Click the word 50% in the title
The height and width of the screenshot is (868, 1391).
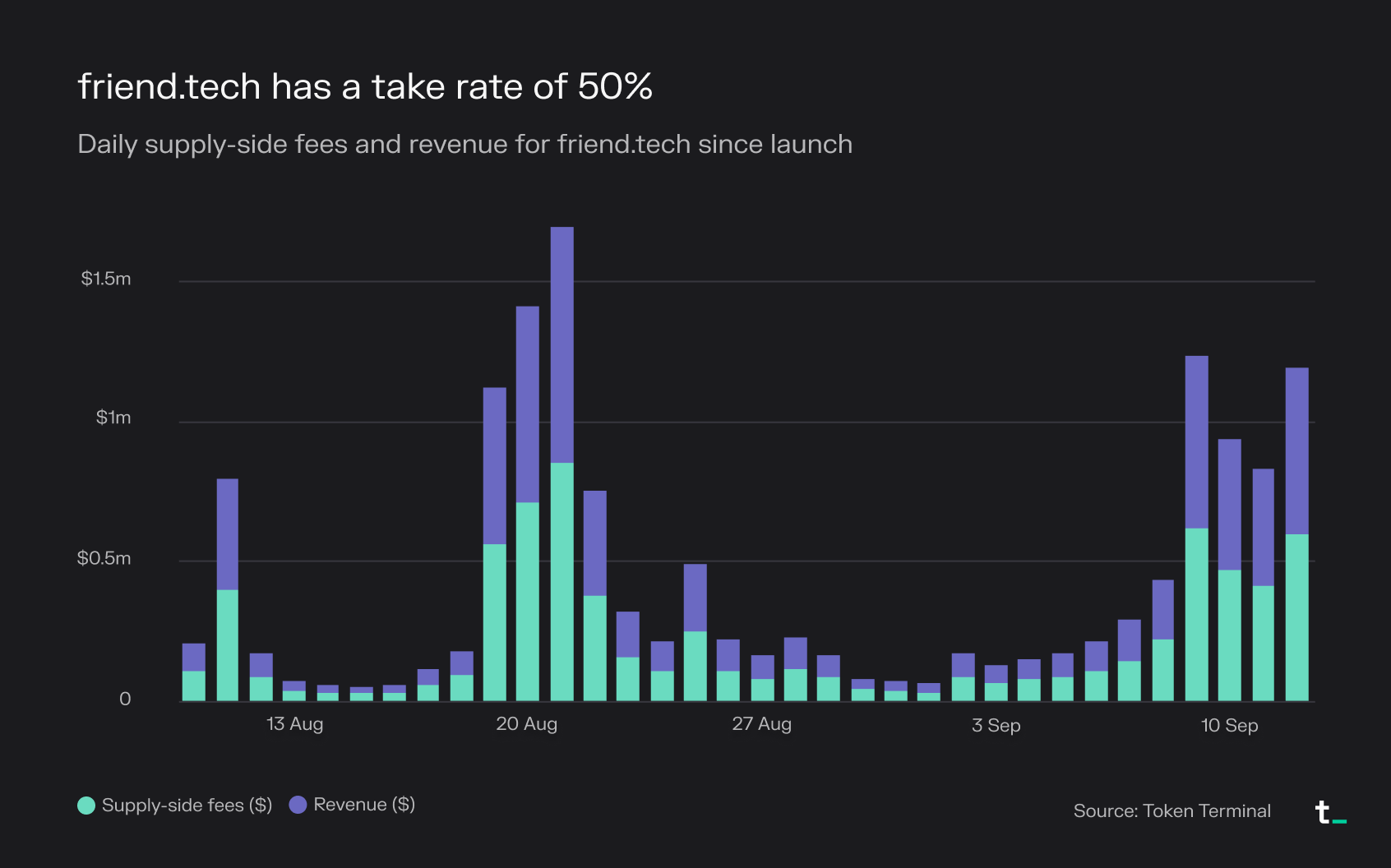(x=615, y=86)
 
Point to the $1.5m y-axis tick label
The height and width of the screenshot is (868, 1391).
(x=106, y=279)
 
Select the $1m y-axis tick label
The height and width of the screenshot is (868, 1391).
(x=113, y=418)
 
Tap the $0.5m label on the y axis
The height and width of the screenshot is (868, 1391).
(x=104, y=558)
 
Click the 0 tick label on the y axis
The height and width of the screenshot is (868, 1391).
(x=125, y=699)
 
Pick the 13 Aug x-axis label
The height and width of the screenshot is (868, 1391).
(x=294, y=724)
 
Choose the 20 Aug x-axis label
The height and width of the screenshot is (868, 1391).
(x=526, y=724)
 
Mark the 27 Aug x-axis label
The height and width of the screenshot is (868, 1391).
(x=761, y=724)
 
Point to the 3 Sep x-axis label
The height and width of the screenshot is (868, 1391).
(x=996, y=725)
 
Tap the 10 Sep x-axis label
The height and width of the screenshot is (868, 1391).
(x=1229, y=725)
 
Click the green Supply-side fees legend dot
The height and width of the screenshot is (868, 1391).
(x=86, y=806)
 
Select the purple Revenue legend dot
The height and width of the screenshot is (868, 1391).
(x=298, y=805)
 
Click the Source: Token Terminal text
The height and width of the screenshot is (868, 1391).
(x=1171, y=811)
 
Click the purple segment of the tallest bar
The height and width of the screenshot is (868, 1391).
(x=561, y=345)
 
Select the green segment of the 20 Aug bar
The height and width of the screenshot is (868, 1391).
(x=528, y=600)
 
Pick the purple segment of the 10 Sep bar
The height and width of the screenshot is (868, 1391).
(x=1230, y=504)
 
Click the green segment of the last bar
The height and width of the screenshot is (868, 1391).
(x=1296, y=616)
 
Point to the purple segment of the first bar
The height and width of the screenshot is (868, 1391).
(x=194, y=657)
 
